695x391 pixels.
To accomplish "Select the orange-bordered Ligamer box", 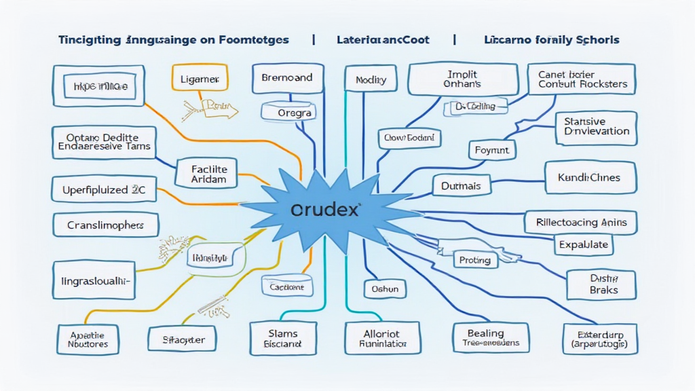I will point(199,79).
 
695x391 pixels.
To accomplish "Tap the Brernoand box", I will point(286,78).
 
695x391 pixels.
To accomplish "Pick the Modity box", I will point(371,81).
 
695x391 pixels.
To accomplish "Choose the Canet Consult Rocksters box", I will point(582,79).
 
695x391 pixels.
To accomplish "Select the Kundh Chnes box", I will point(590,178).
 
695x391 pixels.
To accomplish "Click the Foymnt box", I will point(491,149).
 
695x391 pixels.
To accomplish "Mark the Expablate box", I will point(583,244).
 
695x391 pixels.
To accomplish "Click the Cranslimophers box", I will point(105,225).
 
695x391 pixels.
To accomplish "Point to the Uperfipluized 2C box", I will point(104,191).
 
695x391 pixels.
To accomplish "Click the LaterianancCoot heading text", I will point(383,40).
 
